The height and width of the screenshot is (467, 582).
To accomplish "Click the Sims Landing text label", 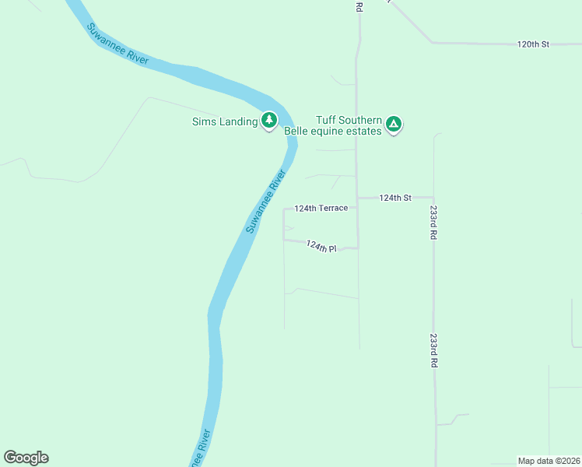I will point(225,121).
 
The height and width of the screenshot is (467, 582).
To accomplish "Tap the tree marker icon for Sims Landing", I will point(269,120).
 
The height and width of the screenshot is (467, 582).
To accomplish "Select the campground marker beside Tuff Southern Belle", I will point(394,123).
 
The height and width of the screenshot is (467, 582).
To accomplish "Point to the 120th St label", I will point(533,44).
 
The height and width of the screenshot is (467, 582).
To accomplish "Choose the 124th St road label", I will point(394,198).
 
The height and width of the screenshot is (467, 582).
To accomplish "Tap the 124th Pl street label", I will point(321,247).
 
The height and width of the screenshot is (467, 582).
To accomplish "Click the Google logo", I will point(26,458).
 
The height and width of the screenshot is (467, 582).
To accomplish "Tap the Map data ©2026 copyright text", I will point(549,461).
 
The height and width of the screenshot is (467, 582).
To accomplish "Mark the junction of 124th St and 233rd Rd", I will point(433,198).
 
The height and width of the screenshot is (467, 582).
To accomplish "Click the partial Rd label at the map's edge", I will point(359,6).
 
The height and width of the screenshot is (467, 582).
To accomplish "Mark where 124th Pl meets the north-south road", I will point(358,248).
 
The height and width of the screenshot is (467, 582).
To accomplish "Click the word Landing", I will point(240,121).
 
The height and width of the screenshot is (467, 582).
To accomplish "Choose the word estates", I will point(366,132).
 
